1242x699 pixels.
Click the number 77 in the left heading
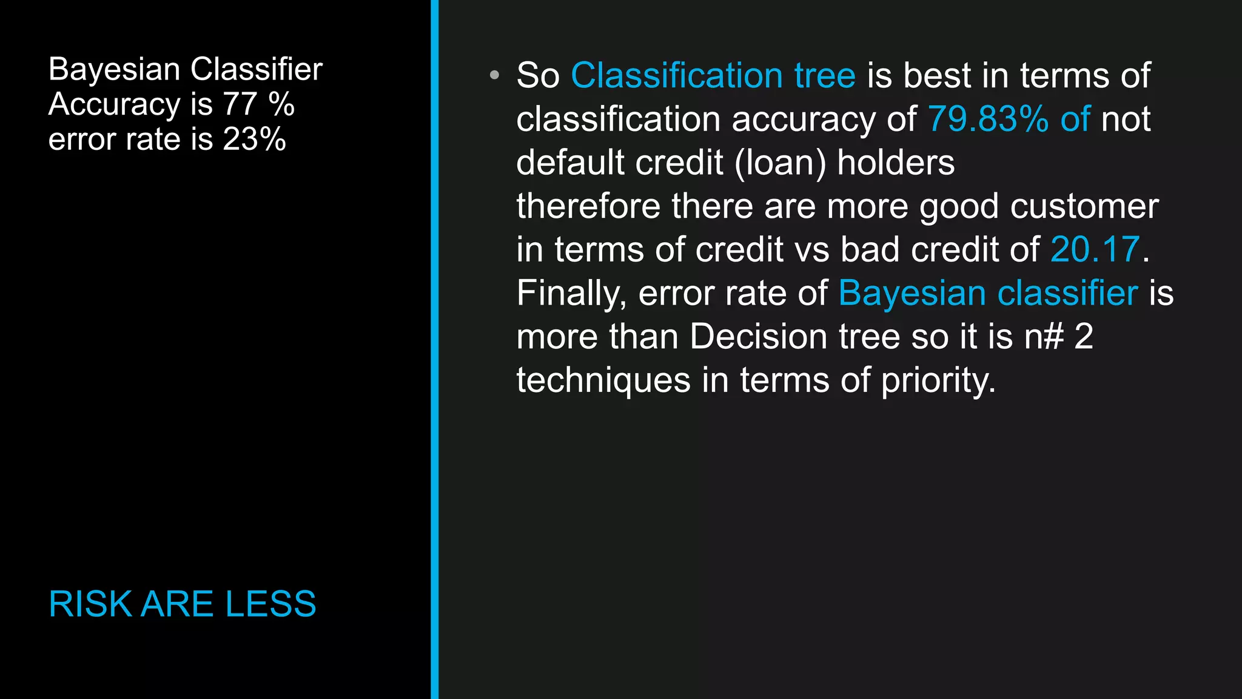pyautogui.click(x=240, y=104)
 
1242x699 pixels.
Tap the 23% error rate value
pyautogui.click(x=254, y=139)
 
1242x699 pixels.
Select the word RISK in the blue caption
pyautogui.click(x=90, y=604)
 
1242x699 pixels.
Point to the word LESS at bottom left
pyautogui.click(x=270, y=604)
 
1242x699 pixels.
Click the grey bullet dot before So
pyautogui.click(x=495, y=75)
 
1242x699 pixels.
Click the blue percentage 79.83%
pyautogui.click(x=988, y=119)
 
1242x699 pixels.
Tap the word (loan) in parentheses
pyautogui.click(x=780, y=163)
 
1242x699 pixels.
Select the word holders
pyautogui.click(x=896, y=163)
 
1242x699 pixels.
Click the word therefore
pyautogui.click(x=588, y=206)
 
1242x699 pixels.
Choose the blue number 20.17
pyautogui.click(x=1095, y=249)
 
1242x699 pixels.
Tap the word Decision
pyautogui.click(x=759, y=337)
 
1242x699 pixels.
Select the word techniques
pyautogui.click(x=603, y=380)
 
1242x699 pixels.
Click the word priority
pyautogui.click(x=938, y=380)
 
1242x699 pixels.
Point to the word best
pyautogui.click(x=937, y=75)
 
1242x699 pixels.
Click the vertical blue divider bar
pyautogui.click(x=434, y=349)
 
